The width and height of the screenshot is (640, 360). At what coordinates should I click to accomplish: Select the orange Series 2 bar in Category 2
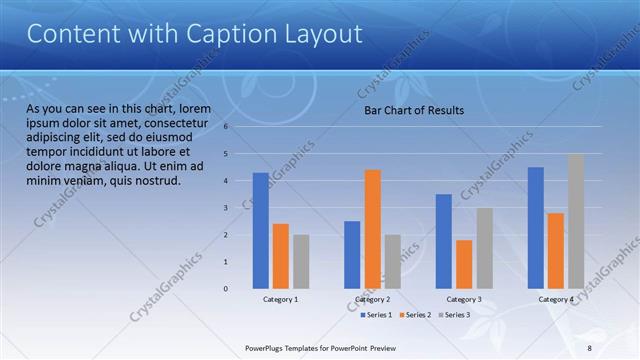372,229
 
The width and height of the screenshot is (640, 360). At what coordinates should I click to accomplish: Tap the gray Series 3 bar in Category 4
576,221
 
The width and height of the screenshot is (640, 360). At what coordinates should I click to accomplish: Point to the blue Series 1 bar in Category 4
536,228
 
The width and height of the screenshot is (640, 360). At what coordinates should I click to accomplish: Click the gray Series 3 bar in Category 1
301,262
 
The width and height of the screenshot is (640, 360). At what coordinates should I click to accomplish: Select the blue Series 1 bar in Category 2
352,255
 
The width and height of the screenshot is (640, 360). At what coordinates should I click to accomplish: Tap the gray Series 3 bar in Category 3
484,248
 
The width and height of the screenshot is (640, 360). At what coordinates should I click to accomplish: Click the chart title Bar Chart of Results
413,110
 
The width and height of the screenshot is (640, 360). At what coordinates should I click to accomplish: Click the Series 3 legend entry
456,315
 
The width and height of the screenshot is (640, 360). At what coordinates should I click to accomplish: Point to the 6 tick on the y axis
227,127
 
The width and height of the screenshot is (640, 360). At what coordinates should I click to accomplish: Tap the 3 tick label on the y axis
227,208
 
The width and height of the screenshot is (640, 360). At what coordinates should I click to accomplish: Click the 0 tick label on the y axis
227,289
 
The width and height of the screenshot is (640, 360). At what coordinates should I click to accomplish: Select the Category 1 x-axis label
280,300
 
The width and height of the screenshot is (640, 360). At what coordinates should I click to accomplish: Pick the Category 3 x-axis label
464,300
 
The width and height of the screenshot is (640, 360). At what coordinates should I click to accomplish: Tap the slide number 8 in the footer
589,347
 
